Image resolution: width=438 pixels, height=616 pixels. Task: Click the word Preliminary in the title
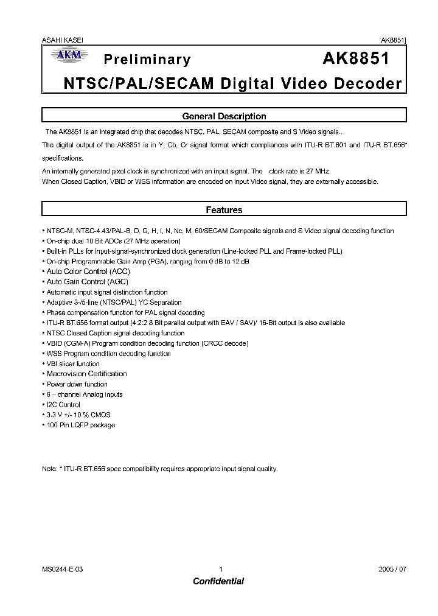pos(147,59)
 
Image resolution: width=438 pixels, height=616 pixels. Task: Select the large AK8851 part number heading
pos(355,58)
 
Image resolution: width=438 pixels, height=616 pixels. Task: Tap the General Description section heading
pos(224,116)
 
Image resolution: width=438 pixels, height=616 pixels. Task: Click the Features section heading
pos(224,210)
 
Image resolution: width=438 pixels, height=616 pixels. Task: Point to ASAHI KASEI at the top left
pos(63,40)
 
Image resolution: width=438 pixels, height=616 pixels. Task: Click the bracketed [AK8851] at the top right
pos(392,40)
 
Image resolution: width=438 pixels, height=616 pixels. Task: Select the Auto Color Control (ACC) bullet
pos(88,271)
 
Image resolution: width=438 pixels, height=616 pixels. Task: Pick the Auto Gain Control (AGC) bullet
pos(88,282)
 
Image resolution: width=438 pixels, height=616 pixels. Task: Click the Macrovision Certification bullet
pos(87,374)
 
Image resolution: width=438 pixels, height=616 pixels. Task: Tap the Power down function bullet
pos(77,384)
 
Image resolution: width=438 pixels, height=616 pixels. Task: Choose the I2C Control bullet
pos(63,405)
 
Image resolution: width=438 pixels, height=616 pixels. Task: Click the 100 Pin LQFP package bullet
pos(81,425)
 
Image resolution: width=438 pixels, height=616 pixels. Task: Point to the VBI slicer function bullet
pos(73,363)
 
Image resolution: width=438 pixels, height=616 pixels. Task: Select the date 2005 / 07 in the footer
pos(392,569)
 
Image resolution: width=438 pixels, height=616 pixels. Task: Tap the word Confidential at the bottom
pos(218,581)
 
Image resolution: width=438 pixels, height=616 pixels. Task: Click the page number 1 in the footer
pos(221,569)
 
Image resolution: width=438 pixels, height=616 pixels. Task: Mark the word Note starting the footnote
pos(49,469)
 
